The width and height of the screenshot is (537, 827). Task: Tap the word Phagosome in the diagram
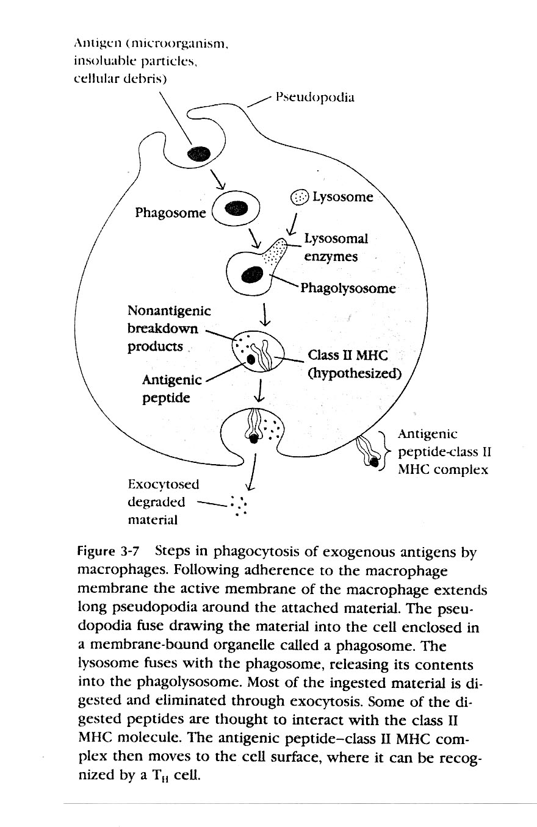pyautogui.click(x=170, y=213)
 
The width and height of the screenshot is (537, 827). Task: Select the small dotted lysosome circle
pyautogui.click(x=300, y=197)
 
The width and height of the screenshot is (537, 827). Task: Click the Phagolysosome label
pyautogui.click(x=347, y=288)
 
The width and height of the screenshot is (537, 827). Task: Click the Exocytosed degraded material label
pyautogui.click(x=163, y=502)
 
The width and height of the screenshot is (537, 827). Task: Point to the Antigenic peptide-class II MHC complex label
pyautogui.click(x=444, y=452)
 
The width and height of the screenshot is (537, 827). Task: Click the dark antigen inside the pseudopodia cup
pyautogui.click(x=198, y=154)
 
